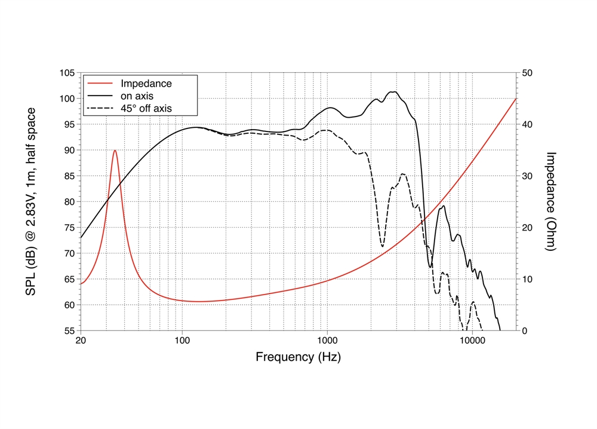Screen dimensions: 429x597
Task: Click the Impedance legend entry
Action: click(146, 84)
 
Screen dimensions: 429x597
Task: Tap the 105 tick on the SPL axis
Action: click(67, 73)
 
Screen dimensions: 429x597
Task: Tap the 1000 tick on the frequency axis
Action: click(327, 341)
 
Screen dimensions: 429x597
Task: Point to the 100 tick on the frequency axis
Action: click(182, 341)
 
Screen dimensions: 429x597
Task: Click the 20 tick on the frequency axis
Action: click(81, 341)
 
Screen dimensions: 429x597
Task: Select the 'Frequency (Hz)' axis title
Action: click(298, 357)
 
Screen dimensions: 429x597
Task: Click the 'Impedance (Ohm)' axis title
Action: click(552, 201)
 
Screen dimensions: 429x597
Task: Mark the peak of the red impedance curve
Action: click(115, 151)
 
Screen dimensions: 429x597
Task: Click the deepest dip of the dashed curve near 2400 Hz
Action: click(382, 246)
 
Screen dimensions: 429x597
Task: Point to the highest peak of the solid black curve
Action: click(393, 91)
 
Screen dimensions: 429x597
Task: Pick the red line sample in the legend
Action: click(100, 84)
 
